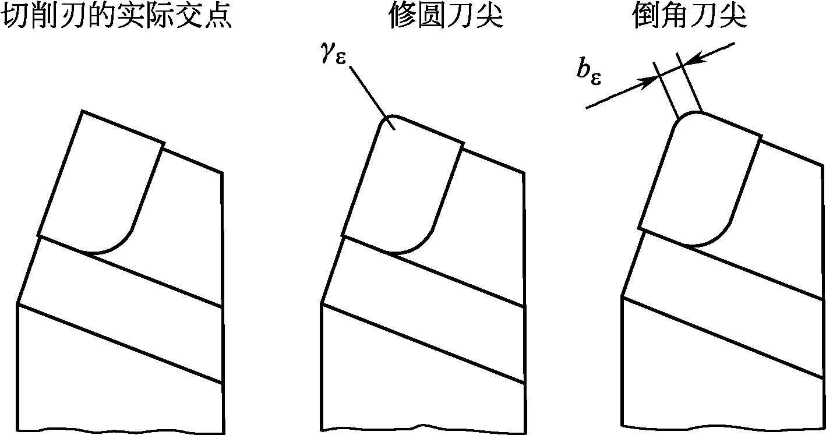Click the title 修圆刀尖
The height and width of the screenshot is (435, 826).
point(446,17)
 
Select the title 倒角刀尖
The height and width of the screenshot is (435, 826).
point(689,17)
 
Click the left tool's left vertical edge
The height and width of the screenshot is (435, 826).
point(19,367)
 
